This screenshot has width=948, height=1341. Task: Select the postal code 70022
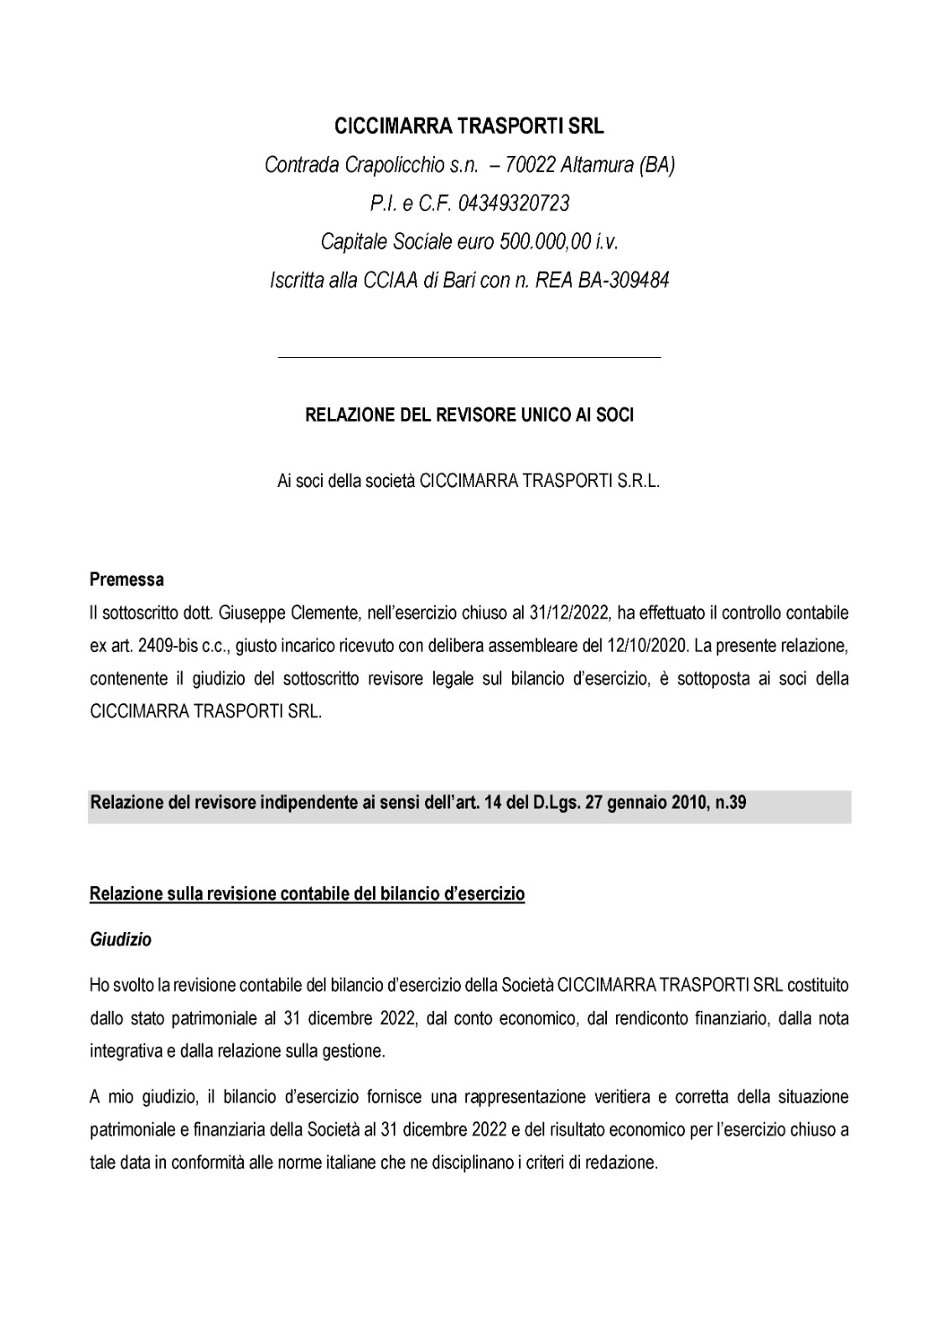(531, 165)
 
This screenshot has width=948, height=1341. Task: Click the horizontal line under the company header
(469, 358)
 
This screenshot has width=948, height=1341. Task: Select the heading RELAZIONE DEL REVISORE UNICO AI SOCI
(469, 416)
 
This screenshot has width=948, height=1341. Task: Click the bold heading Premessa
(127, 580)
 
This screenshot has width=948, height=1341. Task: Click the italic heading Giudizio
(121, 940)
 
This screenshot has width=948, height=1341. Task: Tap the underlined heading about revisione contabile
(307, 894)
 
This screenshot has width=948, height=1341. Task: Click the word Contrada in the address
(300, 165)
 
